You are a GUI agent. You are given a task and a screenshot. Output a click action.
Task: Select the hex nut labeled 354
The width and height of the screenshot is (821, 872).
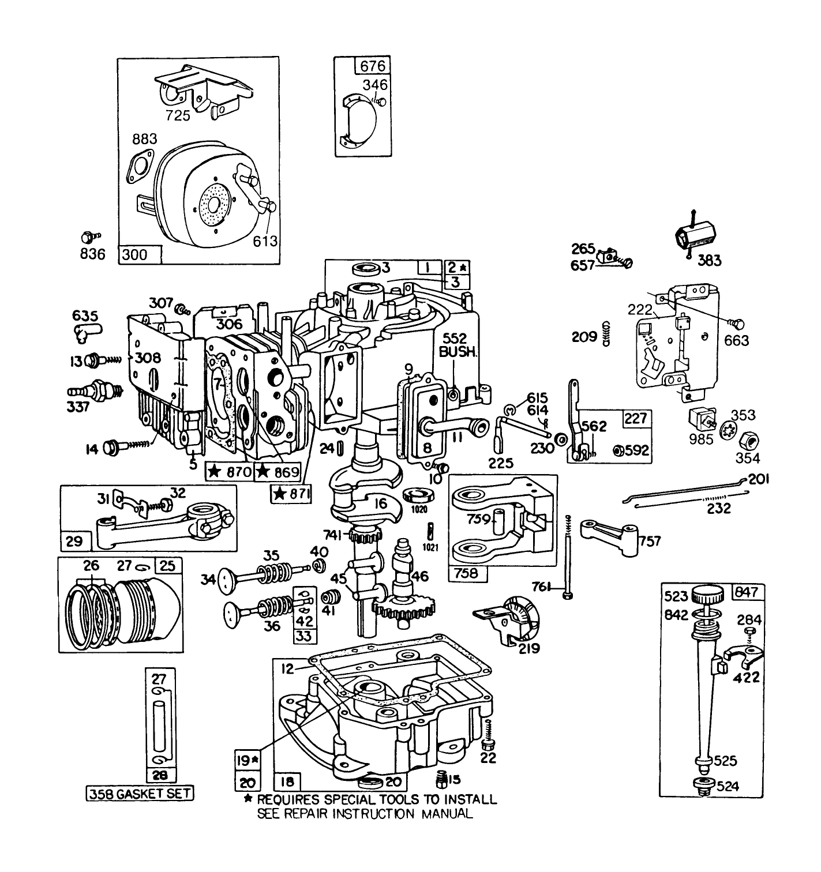click(748, 440)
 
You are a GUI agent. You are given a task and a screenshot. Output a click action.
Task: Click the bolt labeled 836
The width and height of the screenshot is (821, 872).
click(88, 236)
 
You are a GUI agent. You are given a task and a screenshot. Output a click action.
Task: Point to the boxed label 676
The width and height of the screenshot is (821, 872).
click(372, 66)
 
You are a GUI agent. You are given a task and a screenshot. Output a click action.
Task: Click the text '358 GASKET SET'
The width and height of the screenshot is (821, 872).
click(140, 794)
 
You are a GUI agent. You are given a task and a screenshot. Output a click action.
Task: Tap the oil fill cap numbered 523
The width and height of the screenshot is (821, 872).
click(708, 595)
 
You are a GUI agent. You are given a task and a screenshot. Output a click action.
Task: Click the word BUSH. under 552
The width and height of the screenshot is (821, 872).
click(458, 352)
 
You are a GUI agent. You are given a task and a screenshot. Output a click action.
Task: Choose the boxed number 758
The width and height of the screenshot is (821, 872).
click(467, 573)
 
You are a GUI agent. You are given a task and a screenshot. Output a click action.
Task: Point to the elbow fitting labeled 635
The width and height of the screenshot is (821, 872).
click(85, 331)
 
